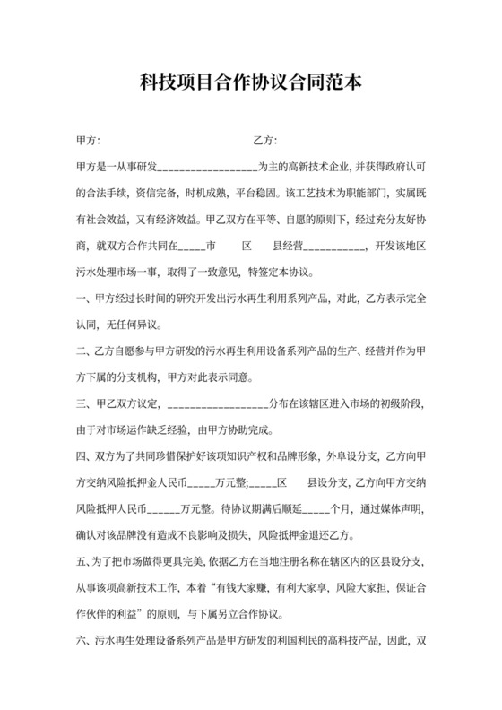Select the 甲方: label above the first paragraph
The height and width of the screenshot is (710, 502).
point(89,142)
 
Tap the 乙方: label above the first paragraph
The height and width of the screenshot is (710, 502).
point(265,142)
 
